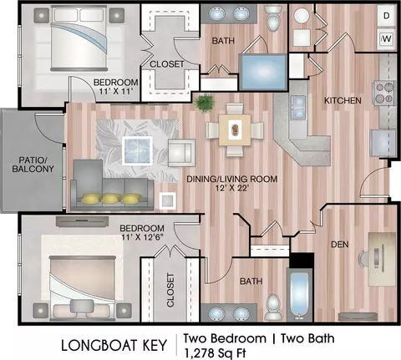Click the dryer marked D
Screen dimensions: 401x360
386,16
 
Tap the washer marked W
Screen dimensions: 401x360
387,38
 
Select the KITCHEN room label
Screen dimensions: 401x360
343,100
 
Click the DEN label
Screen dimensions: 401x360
340,245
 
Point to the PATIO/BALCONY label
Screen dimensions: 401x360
33,165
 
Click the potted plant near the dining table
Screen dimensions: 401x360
206,103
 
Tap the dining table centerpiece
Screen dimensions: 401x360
236,129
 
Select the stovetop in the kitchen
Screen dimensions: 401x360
384,93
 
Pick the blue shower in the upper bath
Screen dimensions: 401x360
263,72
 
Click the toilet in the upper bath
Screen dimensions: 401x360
272,18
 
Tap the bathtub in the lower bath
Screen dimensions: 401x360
300,294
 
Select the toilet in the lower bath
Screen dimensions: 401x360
272,307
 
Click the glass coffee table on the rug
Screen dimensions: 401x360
137,150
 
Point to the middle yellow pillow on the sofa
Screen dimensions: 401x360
109,198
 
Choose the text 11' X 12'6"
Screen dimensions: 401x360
142,237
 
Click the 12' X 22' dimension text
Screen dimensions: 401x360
231,188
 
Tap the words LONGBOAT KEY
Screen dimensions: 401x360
114,345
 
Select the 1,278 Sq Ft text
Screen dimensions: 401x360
215,353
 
